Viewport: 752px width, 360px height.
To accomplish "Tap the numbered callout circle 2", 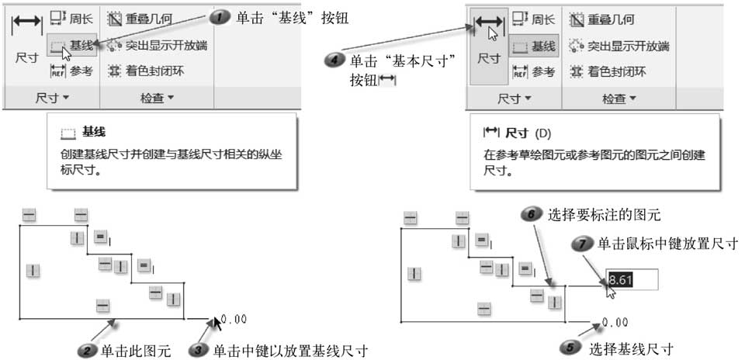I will (88, 350).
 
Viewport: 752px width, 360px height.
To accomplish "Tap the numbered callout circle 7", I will (584, 244).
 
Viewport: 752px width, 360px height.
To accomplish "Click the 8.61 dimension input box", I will (632, 279).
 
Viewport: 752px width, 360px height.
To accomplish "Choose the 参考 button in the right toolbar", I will (534, 72).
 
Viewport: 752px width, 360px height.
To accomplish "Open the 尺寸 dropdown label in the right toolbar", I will (512, 99).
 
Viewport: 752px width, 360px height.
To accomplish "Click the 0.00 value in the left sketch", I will (234, 319).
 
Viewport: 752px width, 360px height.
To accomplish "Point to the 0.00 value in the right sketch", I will (614, 322).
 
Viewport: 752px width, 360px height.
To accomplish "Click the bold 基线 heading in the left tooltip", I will (94, 133).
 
